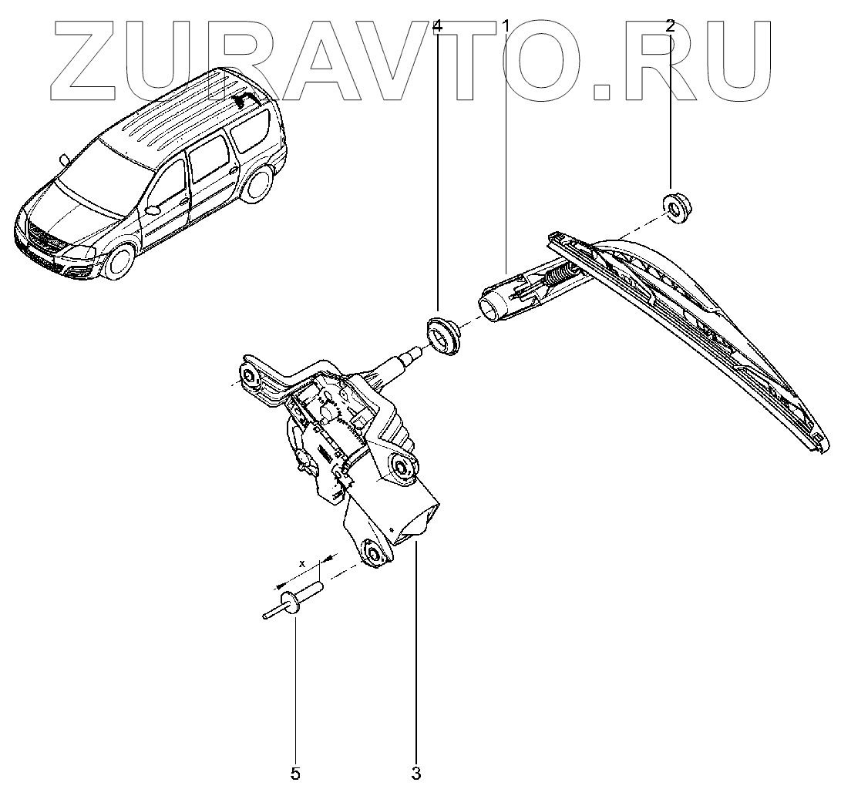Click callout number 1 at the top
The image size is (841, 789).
point(506,25)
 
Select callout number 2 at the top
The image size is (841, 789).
point(670,25)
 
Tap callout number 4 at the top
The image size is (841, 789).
point(437,25)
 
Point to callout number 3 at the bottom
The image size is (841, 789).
point(416,771)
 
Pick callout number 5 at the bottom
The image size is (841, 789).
point(295,771)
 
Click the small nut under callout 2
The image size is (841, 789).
point(676,207)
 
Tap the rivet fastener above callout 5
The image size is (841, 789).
point(296,600)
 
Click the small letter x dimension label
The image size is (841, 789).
point(303,564)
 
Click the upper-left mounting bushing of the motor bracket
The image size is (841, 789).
point(250,377)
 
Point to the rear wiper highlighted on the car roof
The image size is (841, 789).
point(247,98)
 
